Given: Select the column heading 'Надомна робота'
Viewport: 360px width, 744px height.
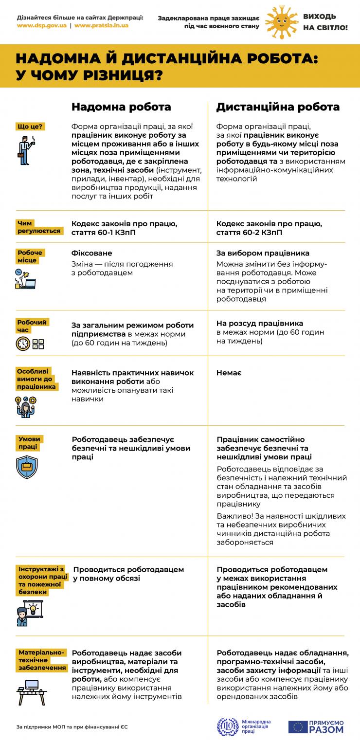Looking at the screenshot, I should pyautogui.click(x=121, y=107).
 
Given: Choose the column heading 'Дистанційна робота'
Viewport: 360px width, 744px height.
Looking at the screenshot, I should pyautogui.click(x=278, y=107).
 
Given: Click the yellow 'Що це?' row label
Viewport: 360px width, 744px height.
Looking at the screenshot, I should pyautogui.click(x=30, y=127).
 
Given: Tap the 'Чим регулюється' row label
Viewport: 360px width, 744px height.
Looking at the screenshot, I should pyautogui.click(x=39, y=227).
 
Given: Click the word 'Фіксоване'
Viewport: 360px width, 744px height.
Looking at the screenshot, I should pyautogui.click(x=92, y=254).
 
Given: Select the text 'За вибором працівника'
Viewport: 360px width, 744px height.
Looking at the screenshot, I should pyautogui.click(x=263, y=254).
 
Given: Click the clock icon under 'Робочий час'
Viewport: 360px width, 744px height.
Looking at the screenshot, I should pyautogui.click(x=23, y=344).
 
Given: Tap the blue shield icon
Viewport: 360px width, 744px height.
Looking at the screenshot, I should pyautogui.click(x=27, y=467).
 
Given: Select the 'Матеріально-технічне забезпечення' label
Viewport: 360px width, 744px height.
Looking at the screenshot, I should pyautogui.click(x=42, y=660).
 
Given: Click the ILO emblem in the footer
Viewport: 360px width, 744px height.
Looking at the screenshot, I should pyautogui.click(x=226, y=726).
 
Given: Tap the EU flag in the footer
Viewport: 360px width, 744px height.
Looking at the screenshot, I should pyautogui.click(x=297, y=726).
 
